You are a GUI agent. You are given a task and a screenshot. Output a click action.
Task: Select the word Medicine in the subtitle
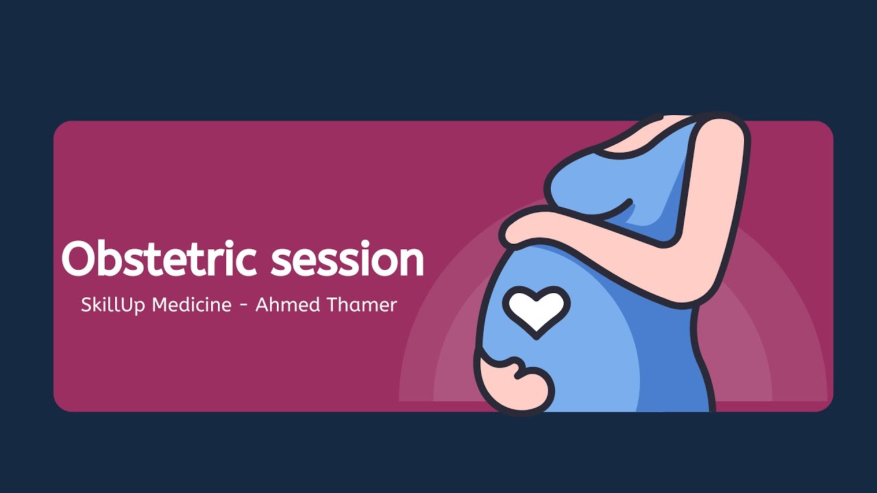click(192, 305)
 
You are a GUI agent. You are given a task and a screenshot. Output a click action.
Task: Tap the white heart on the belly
click(536, 310)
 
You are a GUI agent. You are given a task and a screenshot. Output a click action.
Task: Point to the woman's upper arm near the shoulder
click(719, 157)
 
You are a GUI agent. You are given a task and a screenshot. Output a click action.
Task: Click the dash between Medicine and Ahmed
click(243, 306)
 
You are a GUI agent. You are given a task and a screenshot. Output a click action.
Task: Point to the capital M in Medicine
click(160, 305)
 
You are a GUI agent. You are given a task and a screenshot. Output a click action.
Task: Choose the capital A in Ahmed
click(262, 305)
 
